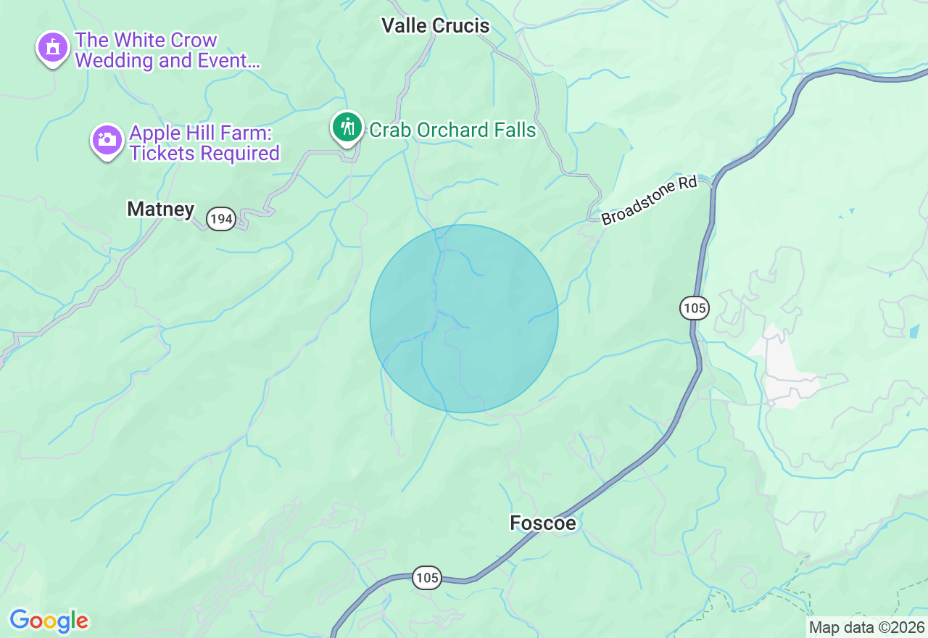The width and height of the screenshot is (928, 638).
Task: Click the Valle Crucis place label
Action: [x=436, y=26]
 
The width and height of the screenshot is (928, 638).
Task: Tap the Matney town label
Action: [x=161, y=210]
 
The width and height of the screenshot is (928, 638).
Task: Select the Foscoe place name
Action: [x=543, y=523]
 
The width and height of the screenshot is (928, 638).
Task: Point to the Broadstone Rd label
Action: [x=649, y=200]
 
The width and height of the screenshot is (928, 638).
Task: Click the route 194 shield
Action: [x=221, y=218]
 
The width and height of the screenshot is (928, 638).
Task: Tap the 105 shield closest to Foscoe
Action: [x=427, y=578]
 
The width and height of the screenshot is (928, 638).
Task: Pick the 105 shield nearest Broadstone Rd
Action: [x=695, y=308]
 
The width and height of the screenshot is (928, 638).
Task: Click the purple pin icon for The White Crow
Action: [x=52, y=48]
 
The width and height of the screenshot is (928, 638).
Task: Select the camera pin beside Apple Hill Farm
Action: [x=107, y=140]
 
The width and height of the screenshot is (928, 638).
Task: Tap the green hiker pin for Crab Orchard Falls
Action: [x=348, y=128]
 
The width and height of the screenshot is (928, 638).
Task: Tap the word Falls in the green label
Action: [x=515, y=130]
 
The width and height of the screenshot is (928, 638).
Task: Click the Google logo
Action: [x=49, y=621]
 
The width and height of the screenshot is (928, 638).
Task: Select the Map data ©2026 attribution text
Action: [x=866, y=627]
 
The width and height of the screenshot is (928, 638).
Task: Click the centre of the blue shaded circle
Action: [x=464, y=319]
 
